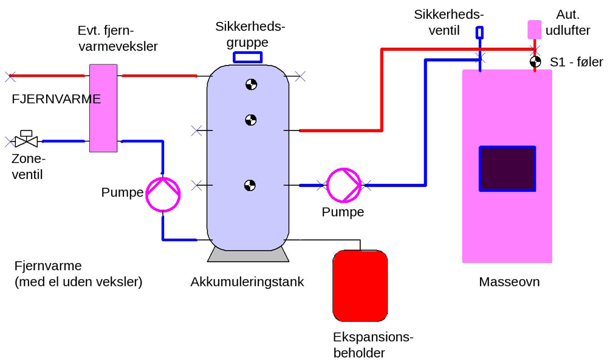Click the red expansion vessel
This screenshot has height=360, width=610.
point(360,285)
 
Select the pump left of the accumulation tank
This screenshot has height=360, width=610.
point(163,194)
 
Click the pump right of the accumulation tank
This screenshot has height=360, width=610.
point(344,185)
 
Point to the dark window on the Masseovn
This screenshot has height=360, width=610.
point(507,168)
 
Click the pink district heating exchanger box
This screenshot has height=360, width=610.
point(103,107)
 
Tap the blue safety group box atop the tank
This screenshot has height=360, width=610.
point(248,57)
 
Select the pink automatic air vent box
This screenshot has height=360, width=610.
point(534,30)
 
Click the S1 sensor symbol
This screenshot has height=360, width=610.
point(535,61)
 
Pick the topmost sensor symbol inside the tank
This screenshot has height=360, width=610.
point(251,85)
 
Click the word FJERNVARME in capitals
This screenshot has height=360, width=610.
point(56,99)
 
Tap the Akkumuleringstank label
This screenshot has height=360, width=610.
point(247,282)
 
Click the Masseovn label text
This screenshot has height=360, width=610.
point(509,282)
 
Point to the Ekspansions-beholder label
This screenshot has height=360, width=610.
point(372,345)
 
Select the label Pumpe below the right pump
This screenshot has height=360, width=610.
point(343,212)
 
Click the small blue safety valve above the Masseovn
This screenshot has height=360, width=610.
point(479,33)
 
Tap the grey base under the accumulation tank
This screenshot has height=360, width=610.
point(248,254)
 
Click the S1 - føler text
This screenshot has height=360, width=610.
point(576,62)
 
